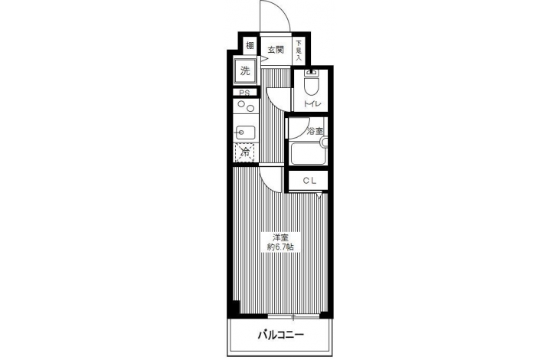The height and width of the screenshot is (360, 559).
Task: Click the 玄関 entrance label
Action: [x=276, y=50]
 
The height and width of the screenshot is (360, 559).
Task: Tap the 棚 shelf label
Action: [x=250, y=46]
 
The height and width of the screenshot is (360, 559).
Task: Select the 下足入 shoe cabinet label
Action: [x=299, y=51]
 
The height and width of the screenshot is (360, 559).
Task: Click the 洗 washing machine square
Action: [x=245, y=70]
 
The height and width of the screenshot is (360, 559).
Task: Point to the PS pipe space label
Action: [x=244, y=93]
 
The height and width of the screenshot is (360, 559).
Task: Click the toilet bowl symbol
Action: [x=312, y=82]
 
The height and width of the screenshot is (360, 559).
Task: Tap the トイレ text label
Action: [x=312, y=104]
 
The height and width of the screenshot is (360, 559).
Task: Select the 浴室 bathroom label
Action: [x=315, y=131]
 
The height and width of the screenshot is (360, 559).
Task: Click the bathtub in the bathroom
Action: [x=309, y=153]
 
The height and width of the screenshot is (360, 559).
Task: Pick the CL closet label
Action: [x=309, y=181]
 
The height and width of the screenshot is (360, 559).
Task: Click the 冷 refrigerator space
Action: [x=244, y=152]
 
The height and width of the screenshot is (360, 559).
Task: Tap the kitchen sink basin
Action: [x=244, y=133]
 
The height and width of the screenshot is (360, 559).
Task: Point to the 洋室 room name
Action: [x=280, y=237]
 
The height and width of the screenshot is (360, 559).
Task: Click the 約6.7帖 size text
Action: [x=280, y=247]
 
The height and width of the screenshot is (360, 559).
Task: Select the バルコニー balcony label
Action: [x=280, y=335]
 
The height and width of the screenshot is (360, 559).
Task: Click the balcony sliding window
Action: [x=293, y=316]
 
